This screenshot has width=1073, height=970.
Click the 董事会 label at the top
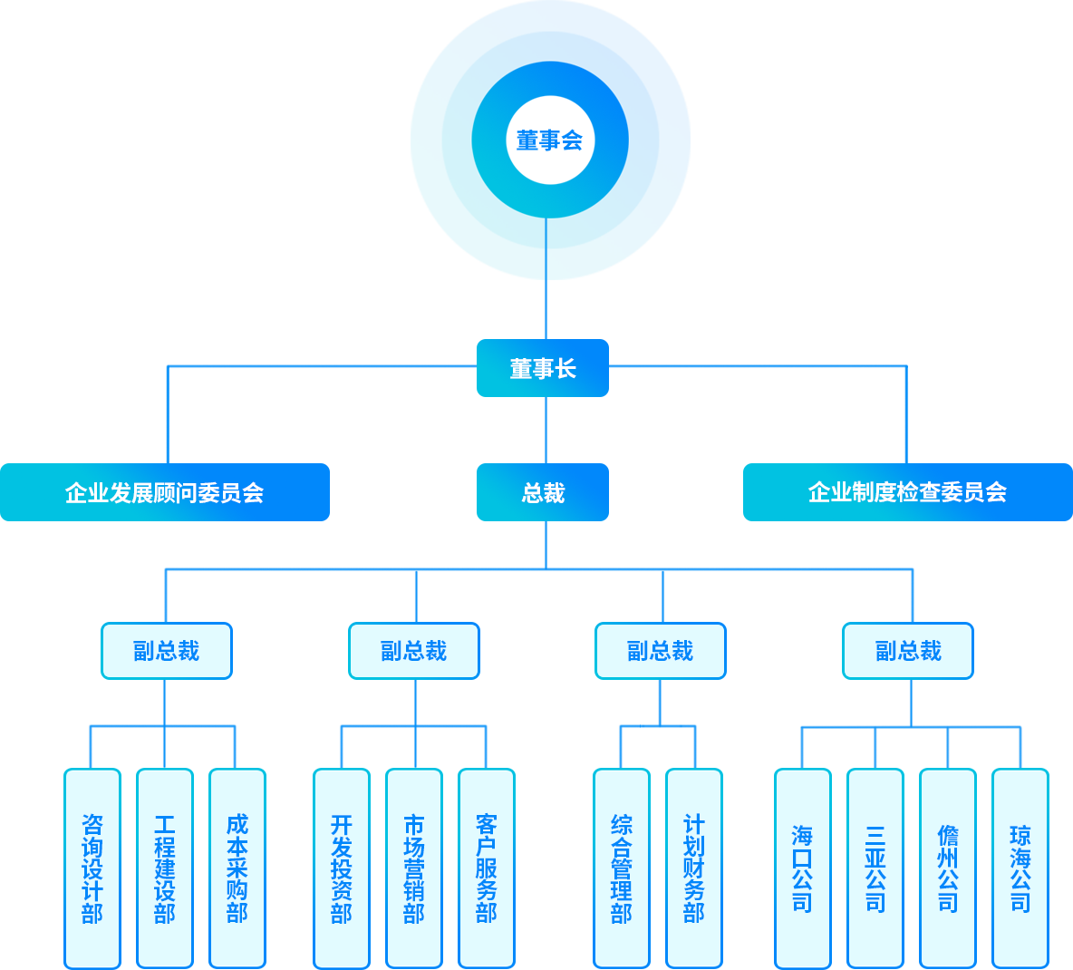pos(549,140)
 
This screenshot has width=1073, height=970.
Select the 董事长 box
pos(542,368)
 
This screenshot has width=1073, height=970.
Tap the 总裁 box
pos(542,492)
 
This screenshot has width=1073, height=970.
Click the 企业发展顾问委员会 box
pos(165,492)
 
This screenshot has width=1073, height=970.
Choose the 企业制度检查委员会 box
pos(906,492)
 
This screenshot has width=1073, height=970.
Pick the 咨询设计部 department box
pos(92,868)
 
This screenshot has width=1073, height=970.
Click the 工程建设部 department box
pos(165,868)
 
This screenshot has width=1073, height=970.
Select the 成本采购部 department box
pos(237,868)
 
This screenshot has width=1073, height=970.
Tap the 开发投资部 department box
pos(342,868)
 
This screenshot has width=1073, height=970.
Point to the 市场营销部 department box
pos(414,868)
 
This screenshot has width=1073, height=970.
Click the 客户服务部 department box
pos(487,868)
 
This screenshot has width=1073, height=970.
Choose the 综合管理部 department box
pos(622,868)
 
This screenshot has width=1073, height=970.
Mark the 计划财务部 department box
pos(694,868)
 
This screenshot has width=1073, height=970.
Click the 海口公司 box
pos(803,868)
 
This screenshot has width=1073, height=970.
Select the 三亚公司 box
pos(875,868)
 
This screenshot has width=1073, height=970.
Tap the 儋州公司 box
pos(948,868)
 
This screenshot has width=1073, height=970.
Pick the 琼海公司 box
pos(1020,868)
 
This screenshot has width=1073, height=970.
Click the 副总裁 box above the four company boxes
pos(908,651)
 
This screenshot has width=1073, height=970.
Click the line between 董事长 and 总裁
pos(546,430)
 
